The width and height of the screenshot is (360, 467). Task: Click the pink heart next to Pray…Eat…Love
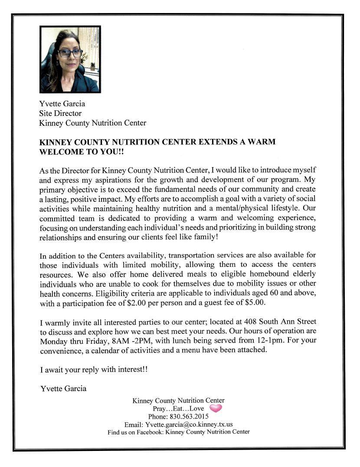pos(216,408)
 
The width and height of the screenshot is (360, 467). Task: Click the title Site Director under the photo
pos(60,113)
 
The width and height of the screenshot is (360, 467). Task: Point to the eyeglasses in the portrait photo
pos(69,53)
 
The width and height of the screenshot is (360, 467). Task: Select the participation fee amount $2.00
pos(136,303)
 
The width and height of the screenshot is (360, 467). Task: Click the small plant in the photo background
pos(92,66)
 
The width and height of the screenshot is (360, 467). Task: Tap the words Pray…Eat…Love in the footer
pos(178,408)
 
